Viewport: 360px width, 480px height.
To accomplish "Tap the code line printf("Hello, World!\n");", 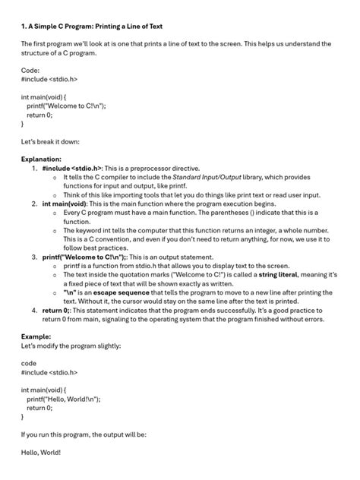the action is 64,398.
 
